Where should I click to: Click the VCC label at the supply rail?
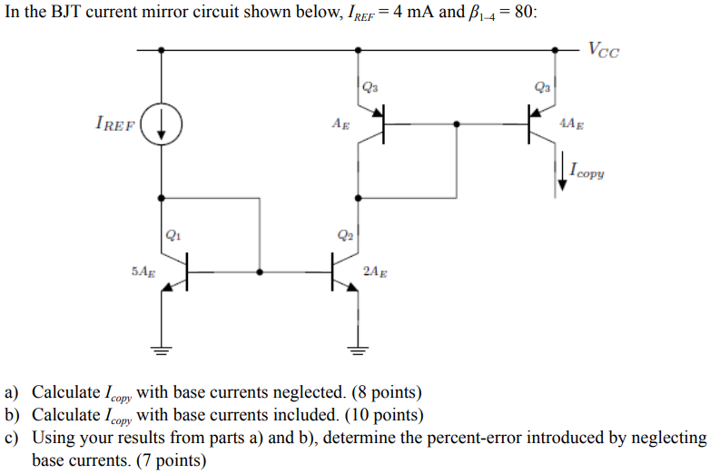pyautogui.click(x=604, y=51)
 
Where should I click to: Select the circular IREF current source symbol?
pyautogui.click(x=163, y=123)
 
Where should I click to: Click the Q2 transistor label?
pyautogui.click(x=345, y=234)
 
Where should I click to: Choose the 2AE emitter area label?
pyautogui.click(x=373, y=271)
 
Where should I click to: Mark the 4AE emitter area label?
pyautogui.click(x=573, y=123)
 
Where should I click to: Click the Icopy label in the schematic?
pyautogui.click(x=587, y=170)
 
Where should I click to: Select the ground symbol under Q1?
pyautogui.click(x=163, y=349)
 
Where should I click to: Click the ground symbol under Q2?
pyautogui.click(x=358, y=349)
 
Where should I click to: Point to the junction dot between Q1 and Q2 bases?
pyautogui.click(x=261, y=271)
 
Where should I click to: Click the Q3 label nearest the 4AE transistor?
pyautogui.click(x=542, y=88)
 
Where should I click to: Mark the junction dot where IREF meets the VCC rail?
pyautogui.click(x=163, y=51)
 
